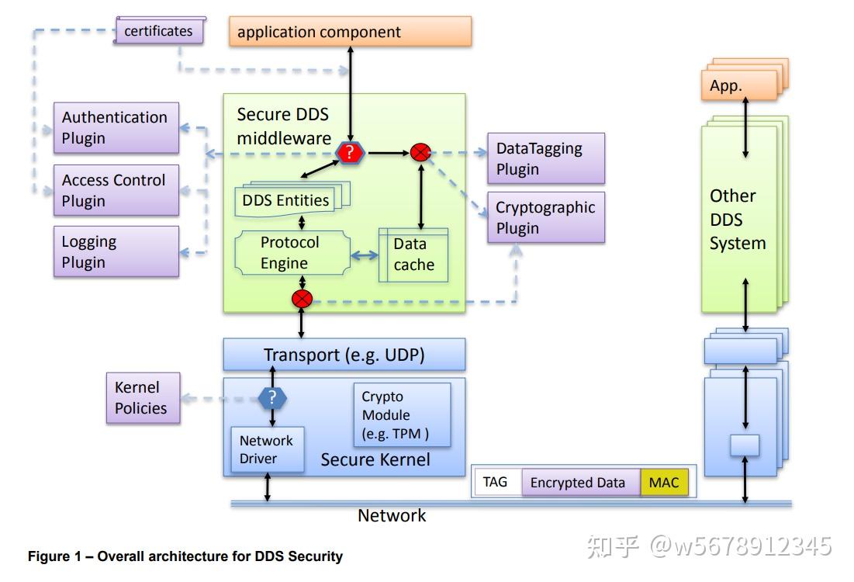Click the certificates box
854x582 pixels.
(159, 31)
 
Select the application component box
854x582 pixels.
(350, 32)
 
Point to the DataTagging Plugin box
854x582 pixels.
(546, 158)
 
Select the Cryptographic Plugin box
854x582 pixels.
(546, 217)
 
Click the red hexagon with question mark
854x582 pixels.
(350, 153)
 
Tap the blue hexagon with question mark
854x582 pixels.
(272, 398)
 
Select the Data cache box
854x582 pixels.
(413, 255)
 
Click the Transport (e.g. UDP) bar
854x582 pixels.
(344, 355)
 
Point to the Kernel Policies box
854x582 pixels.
(143, 397)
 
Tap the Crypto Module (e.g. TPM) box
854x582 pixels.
(402, 414)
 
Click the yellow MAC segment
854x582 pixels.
(664, 482)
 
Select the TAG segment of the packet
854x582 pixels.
(496, 482)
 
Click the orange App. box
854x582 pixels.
(738, 86)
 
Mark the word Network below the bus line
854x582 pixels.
(392, 515)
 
